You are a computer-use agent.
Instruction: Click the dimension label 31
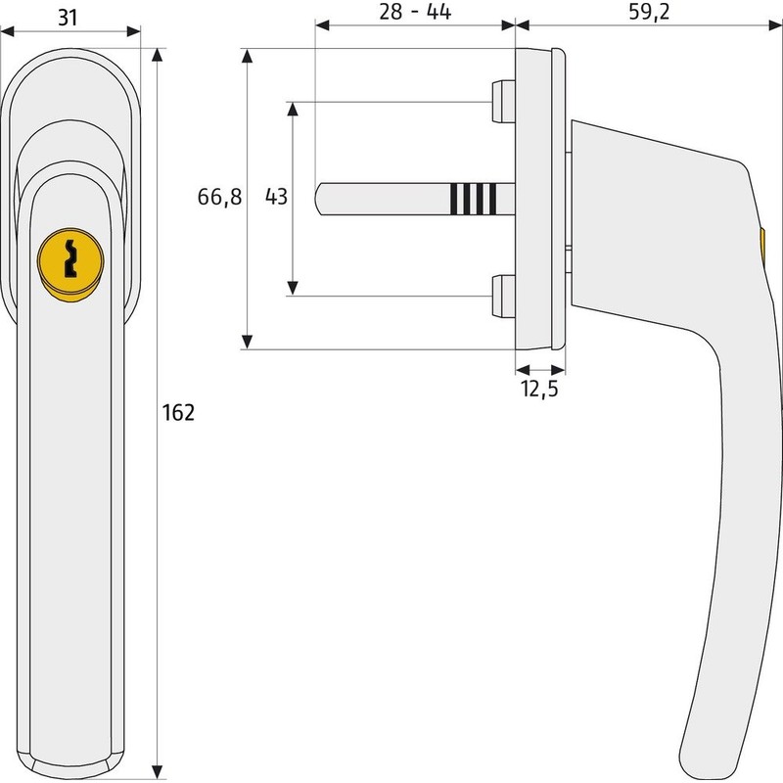(68, 18)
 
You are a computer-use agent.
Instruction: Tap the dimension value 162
(178, 413)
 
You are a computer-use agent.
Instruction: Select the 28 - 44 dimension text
(415, 12)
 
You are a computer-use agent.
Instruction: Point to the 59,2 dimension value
(649, 13)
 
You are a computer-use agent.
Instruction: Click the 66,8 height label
(219, 198)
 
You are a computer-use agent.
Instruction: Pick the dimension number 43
(276, 197)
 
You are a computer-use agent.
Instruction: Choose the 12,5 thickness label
(539, 389)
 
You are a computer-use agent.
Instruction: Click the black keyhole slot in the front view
(70, 258)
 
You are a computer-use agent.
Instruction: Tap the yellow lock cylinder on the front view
(70, 264)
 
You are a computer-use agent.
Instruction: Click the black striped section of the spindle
(474, 199)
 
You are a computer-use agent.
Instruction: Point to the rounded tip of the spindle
(319, 200)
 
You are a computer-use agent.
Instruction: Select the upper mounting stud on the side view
(503, 102)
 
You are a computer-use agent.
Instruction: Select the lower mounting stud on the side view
(503, 296)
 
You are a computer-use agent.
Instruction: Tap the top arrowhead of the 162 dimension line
(158, 55)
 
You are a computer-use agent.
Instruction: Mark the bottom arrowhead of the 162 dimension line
(158, 772)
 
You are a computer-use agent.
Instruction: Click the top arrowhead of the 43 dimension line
(293, 109)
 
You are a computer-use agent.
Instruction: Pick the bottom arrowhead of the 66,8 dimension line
(247, 342)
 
